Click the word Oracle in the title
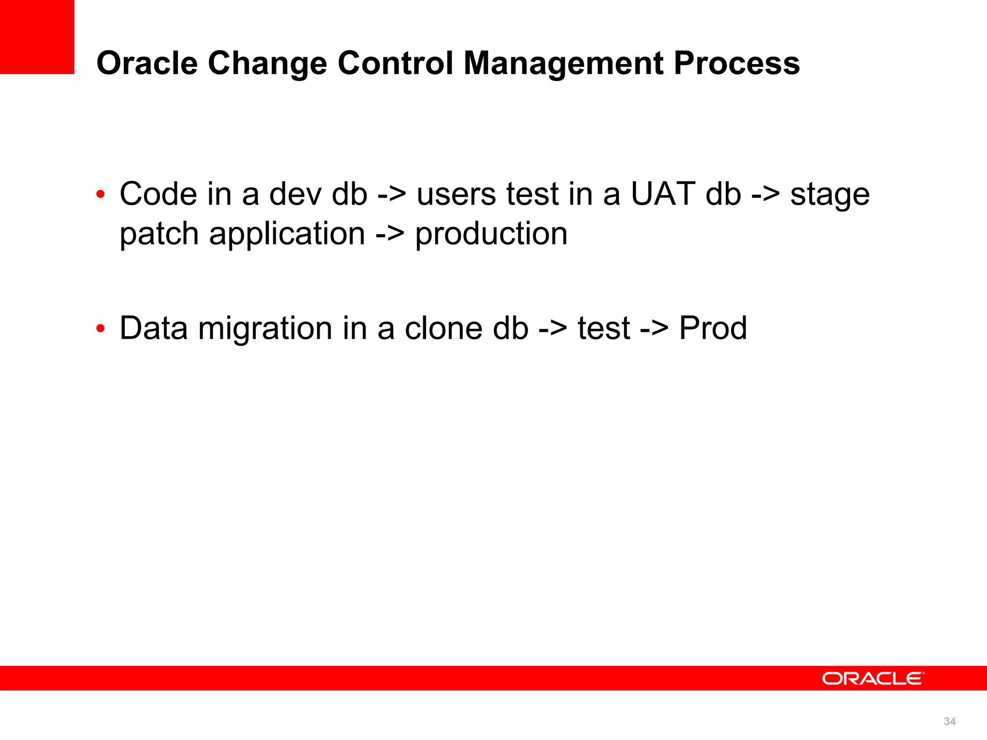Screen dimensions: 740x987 click(147, 63)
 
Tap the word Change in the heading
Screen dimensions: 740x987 click(267, 63)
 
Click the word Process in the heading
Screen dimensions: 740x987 click(737, 63)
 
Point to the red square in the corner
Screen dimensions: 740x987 click(37, 37)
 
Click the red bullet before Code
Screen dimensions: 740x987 click(100, 195)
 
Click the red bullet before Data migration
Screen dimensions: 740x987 click(100, 329)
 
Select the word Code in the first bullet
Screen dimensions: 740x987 click(159, 194)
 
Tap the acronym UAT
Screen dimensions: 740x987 click(662, 194)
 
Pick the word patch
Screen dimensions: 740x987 click(159, 235)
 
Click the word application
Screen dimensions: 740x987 click(287, 235)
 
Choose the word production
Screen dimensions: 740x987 click(491, 235)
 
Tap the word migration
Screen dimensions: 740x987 click(265, 329)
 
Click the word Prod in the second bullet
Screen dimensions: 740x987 click(713, 328)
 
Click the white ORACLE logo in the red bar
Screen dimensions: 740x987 click(873, 678)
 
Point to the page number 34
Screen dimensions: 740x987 click(949, 721)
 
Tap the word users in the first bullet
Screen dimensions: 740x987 click(456, 194)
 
